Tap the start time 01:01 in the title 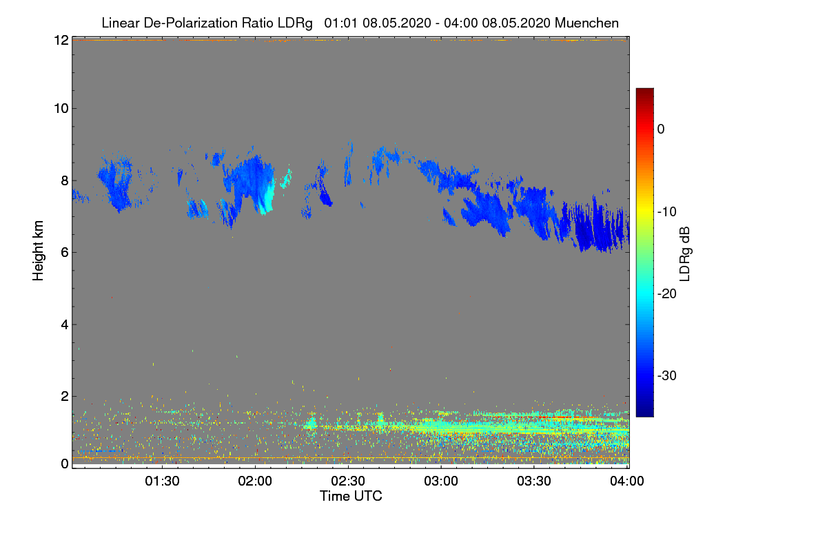[x=338, y=23]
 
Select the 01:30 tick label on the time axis [x=163, y=481]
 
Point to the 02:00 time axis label [x=256, y=481]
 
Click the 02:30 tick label [x=349, y=481]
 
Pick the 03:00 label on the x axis [x=442, y=481]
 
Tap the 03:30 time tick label [x=535, y=481]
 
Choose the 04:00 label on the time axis [x=627, y=481]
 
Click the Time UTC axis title [x=351, y=496]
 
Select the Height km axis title [x=39, y=251]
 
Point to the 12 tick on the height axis [x=61, y=40]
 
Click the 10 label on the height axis [x=61, y=108]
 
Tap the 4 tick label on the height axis [x=64, y=324]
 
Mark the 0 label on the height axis [x=64, y=464]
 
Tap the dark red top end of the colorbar [x=644, y=92]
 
